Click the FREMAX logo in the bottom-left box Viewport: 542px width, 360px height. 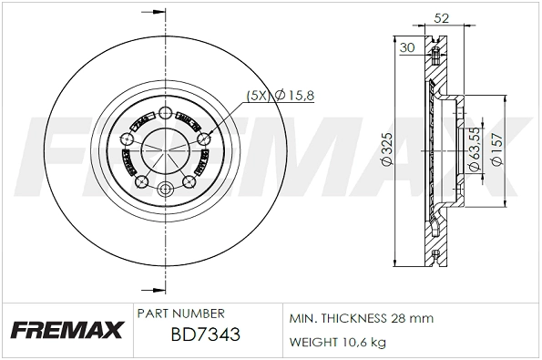pos(66,331)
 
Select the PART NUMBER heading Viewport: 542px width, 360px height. pos(179,313)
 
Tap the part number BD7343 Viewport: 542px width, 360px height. pos(205,335)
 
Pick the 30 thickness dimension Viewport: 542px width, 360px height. pos(406,47)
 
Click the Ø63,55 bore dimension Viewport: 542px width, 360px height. pos(474,149)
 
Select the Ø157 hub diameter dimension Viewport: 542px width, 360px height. pos(496,149)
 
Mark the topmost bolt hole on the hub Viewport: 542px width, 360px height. pos(165,113)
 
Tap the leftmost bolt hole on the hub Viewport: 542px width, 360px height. pos(127,139)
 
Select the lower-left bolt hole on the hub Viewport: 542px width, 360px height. pos(141,181)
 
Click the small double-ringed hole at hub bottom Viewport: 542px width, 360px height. pos(165,190)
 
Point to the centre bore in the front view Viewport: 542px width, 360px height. pos(165,149)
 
